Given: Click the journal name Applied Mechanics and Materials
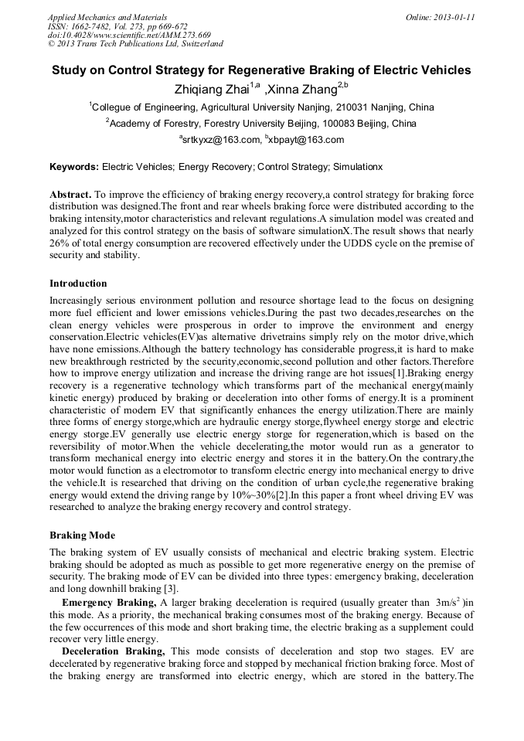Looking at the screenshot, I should click(107, 17).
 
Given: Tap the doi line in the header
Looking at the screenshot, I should click(129, 36).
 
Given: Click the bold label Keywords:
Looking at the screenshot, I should click(74, 167).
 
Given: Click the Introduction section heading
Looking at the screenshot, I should click(78, 284).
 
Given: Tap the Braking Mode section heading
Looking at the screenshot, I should click(82, 535).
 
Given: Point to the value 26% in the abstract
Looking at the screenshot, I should click(60, 244).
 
